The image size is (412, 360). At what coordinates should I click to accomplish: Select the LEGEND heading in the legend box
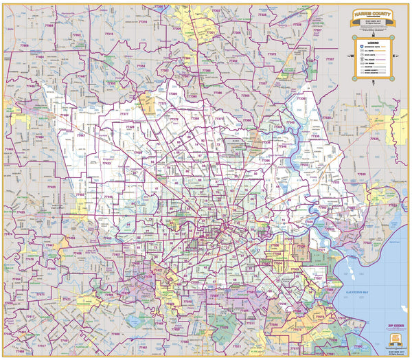point(371,41)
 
